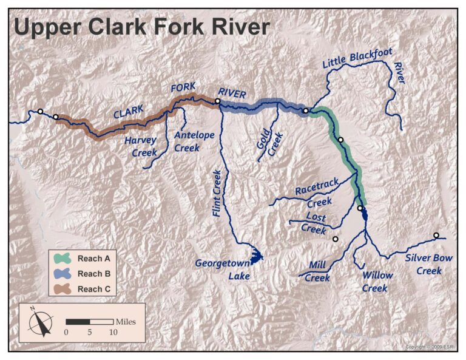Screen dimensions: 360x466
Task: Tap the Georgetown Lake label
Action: (x=223, y=270)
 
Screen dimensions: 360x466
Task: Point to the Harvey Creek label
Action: (x=141, y=146)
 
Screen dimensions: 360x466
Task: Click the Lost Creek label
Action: (x=314, y=223)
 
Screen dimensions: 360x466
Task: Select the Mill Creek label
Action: (x=317, y=271)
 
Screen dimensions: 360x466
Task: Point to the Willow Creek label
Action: (x=377, y=282)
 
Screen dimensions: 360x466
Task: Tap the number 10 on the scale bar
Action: (x=113, y=333)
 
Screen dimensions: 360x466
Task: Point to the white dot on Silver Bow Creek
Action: (x=436, y=236)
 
